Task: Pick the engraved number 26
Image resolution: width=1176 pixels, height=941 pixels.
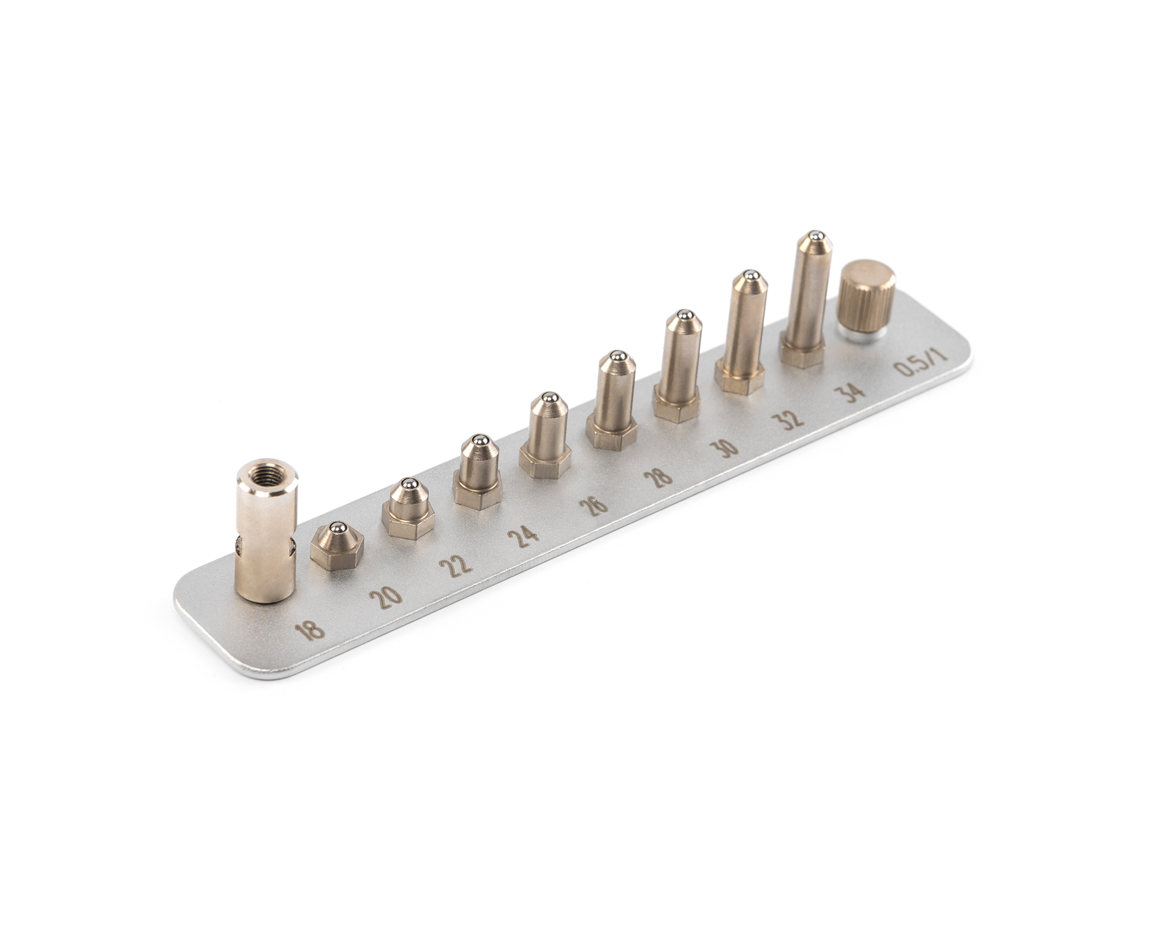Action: coord(595,504)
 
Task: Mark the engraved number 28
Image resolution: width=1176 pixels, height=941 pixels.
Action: coord(662,475)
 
